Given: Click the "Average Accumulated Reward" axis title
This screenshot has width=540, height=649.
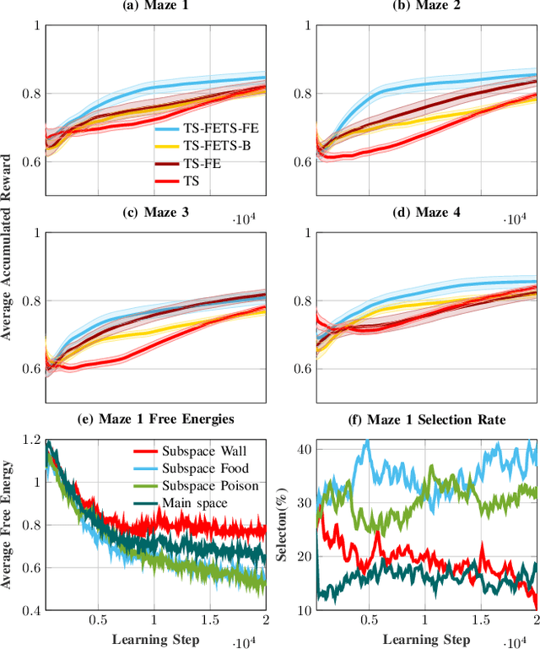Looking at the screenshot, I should pos(8,247).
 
